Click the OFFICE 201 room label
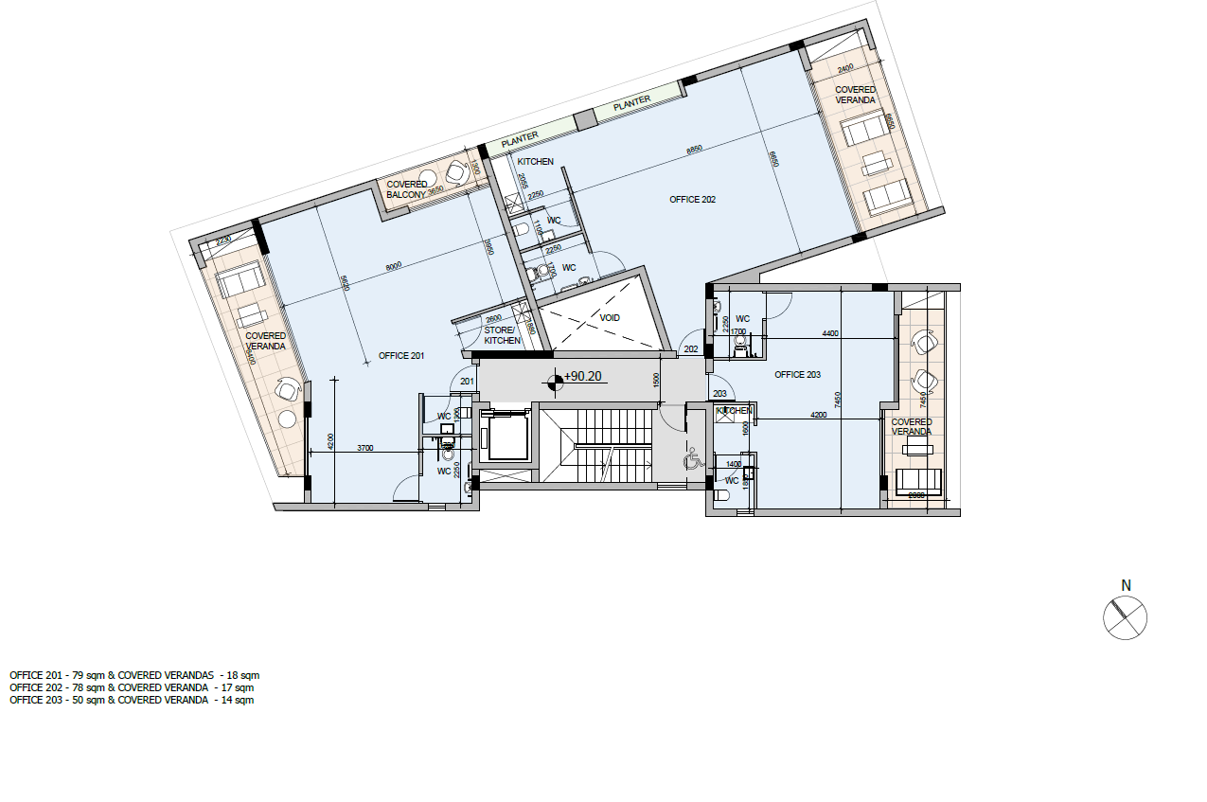401,355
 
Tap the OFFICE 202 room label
693,200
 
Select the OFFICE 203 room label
797,375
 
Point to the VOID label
610,318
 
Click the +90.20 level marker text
583,376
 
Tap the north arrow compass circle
1125,618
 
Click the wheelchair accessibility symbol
692,460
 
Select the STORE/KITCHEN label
502,335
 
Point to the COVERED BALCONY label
407,189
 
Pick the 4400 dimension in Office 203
830,333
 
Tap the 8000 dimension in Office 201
394,266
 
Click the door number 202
691,349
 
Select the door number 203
719,393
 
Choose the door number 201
466,382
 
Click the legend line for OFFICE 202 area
132,687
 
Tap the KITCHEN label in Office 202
535,162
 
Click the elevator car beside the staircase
504,437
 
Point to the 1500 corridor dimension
655,378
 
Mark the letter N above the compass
1126,585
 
